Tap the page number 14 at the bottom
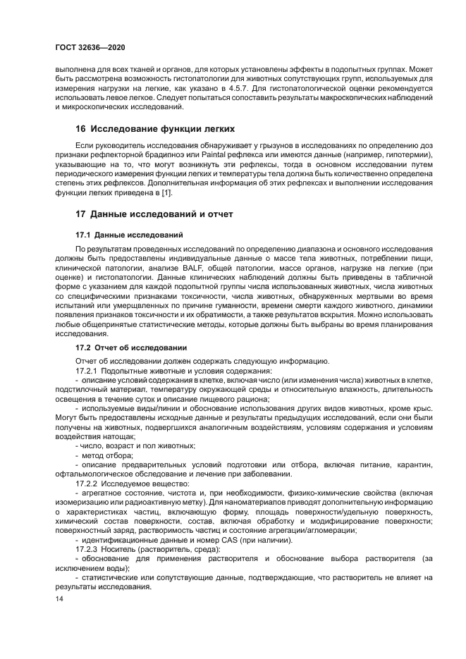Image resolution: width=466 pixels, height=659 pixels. click(x=59, y=598)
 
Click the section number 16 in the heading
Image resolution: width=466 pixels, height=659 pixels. click(x=80, y=129)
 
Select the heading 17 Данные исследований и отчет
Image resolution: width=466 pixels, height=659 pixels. click(x=154, y=214)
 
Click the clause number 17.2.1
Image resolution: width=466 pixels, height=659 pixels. click(x=86, y=370)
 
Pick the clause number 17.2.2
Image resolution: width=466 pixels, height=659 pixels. click(x=86, y=486)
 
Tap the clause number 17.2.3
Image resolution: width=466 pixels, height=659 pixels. click(x=86, y=548)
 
